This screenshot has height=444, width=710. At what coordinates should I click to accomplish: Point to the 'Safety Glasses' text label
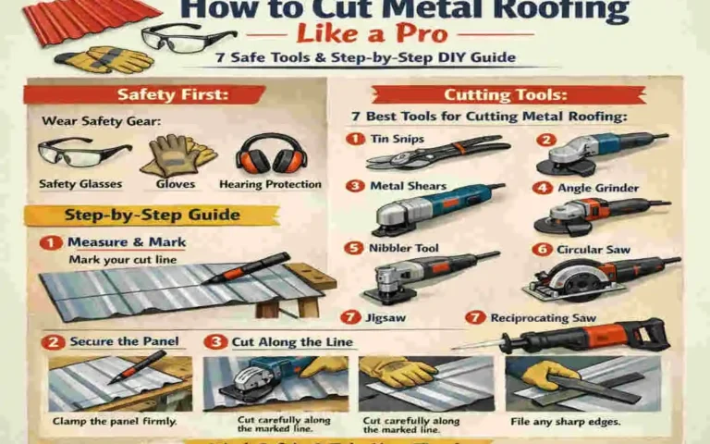pos(80,184)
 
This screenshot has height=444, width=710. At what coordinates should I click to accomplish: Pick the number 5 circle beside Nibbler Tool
pos(352,248)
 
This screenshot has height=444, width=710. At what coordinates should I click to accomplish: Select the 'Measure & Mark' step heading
pos(126,242)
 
